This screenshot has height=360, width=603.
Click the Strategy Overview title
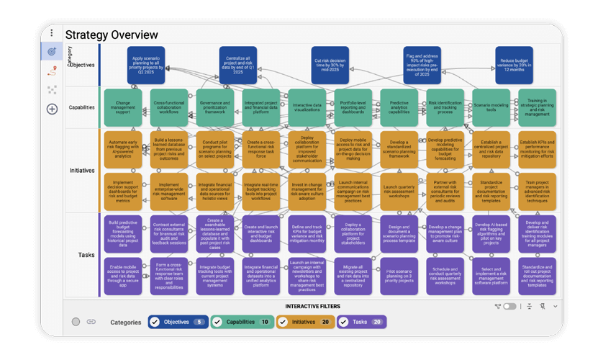[112, 35]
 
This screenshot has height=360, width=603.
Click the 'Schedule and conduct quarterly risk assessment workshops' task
[445, 275]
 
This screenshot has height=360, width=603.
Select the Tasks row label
[86, 254]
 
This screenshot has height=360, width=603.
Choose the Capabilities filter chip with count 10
[242, 322]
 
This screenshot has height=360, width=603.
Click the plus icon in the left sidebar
[52, 109]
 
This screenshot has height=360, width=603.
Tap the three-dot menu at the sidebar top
[52, 33]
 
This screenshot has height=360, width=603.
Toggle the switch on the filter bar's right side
[509, 307]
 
